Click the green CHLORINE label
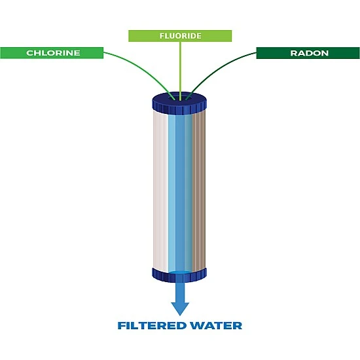pos(52,53)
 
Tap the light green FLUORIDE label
pos(179,36)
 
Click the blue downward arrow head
pos(180,308)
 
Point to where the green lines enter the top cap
pos(179,99)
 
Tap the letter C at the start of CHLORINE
pos(29,53)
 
